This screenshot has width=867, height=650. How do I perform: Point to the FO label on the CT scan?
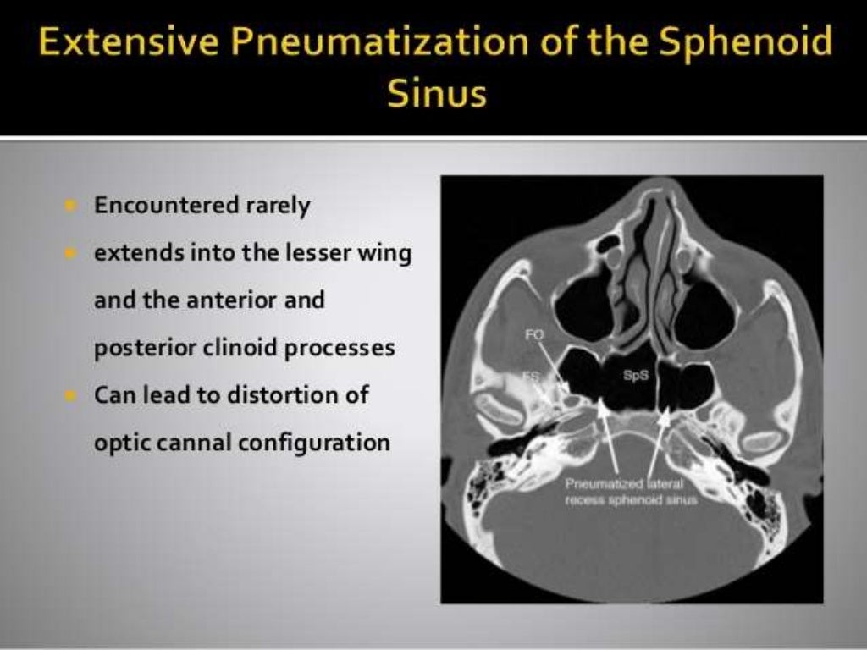click(534, 336)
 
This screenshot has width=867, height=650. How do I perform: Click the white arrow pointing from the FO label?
click(552, 368)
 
